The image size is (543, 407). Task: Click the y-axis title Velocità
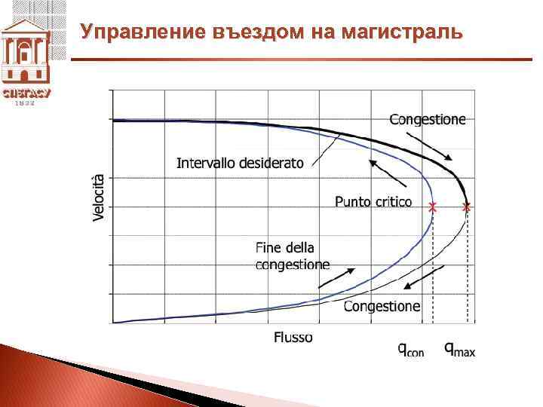(98, 197)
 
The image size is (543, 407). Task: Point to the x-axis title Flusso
(293, 337)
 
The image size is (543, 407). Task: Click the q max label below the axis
(459, 348)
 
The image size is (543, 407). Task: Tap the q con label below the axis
(411, 348)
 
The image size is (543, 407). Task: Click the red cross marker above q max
(466, 206)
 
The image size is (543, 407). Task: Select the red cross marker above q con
(432, 206)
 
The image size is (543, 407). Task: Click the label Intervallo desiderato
(240, 162)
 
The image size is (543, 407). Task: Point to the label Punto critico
(373, 201)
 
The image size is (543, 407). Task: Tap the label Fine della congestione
(293, 256)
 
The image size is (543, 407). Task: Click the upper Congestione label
(428, 118)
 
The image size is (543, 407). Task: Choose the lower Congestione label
(382, 306)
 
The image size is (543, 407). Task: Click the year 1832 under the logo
(25, 103)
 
